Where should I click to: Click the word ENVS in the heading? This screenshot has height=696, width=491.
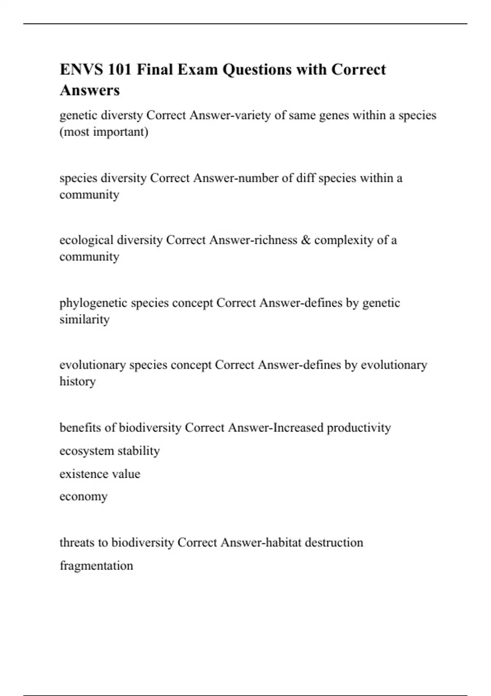point(81,70)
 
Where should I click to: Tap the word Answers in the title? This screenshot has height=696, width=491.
point(90,90)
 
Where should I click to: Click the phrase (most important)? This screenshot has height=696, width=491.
point(104,132)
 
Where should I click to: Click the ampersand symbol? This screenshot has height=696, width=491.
point(306,240)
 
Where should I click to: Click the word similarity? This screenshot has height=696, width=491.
point(84,319)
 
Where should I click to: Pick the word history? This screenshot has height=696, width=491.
point(77,382)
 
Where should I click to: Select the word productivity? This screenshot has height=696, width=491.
point(358,428)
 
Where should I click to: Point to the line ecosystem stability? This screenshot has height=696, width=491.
point(110,451)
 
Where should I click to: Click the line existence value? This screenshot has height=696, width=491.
point(100,474)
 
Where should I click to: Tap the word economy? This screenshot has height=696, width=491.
point(83,497)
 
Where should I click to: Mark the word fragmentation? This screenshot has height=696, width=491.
point(96,566)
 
